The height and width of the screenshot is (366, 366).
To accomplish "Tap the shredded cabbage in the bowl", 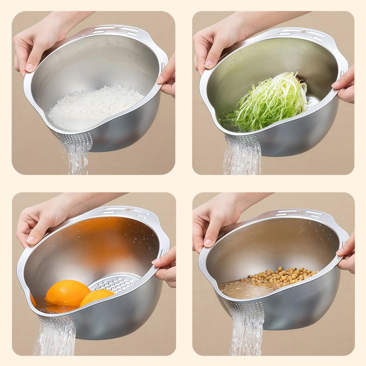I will coord(268,101).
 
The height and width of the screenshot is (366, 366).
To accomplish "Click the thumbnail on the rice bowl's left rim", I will coord(30,67).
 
